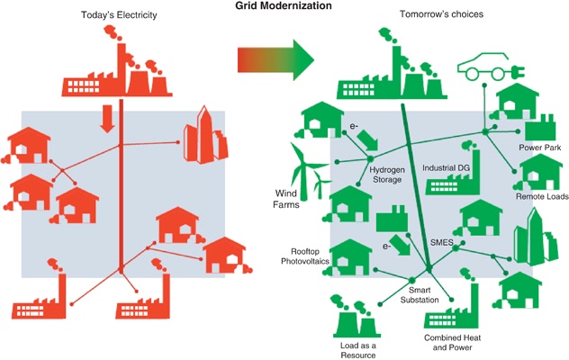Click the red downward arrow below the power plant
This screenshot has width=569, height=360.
[107, 117]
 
